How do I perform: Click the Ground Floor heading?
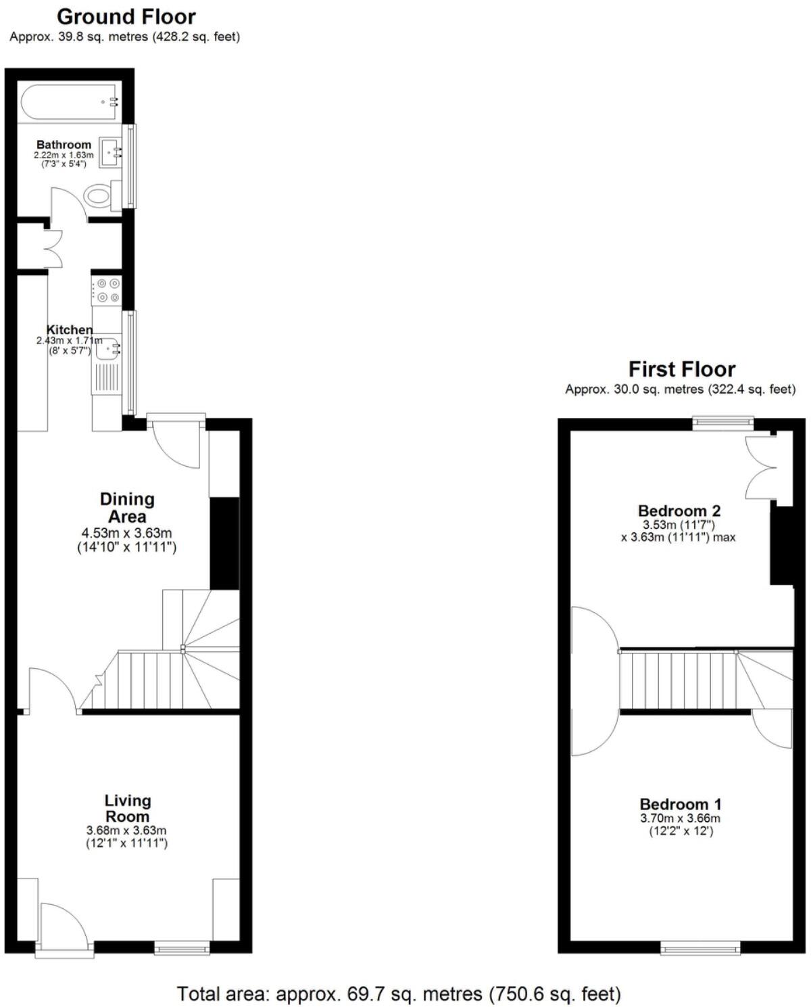126,16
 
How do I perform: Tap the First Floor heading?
681,369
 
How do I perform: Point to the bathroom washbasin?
110,152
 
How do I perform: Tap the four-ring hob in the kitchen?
107,290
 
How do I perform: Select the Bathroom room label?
64,145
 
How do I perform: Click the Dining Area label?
127,507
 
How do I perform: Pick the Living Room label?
127,808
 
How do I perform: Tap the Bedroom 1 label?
681,804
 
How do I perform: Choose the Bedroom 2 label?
679,511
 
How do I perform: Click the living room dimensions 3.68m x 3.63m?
126,830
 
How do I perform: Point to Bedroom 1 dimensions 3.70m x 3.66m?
681,818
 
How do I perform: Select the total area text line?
399,993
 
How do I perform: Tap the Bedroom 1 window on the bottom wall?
701,948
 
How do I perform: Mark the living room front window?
182,949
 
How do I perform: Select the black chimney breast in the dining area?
225,544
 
